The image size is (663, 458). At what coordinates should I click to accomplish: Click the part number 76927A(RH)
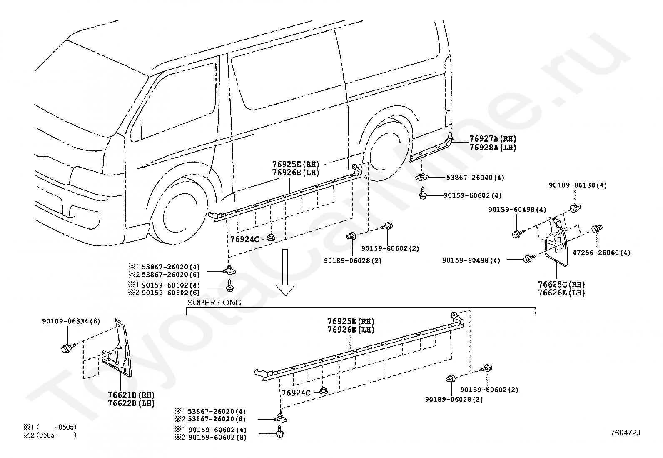(x=493, y=139)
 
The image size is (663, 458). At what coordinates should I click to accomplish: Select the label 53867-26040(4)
(x=475, y=178)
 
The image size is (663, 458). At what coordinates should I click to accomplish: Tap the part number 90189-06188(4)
(x=578, y=185)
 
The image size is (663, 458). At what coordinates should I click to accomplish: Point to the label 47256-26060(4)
(x=601, y=253)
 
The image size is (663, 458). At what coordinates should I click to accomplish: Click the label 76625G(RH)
(x=561, y=285)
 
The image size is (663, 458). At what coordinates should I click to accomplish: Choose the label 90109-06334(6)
(x=71, y=321)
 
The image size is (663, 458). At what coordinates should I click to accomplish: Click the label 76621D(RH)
(x=131, y=395)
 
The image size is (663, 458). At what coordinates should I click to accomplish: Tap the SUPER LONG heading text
(x=214, y=303)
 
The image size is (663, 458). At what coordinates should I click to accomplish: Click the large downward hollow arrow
(x=285, y=272)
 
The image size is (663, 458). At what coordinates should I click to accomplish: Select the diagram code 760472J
(x=625, y=433)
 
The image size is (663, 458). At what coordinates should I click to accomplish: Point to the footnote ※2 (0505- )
(x=50, y=435)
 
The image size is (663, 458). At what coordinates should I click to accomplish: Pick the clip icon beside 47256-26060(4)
(x=596, y=229)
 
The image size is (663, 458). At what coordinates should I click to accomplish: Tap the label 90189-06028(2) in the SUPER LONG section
(x=454, y=399)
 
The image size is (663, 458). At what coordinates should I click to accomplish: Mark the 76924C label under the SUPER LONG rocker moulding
(x=296, y=393)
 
